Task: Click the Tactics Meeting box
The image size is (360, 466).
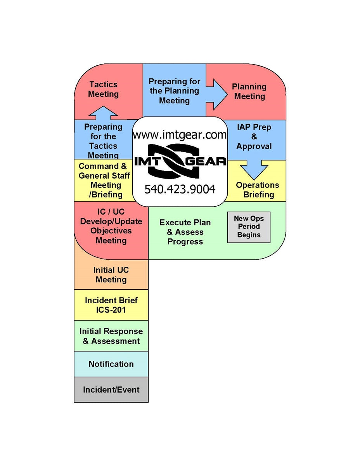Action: pos(103,89)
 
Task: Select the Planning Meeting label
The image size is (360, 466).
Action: pos(249,92)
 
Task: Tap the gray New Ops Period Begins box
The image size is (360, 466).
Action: pos(249,227)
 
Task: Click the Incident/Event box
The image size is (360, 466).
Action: pos(111,389)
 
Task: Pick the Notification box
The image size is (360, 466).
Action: pos(111,364)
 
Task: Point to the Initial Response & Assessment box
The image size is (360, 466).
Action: pos(111,336)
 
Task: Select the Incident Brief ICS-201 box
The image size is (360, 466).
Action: pos(111,305)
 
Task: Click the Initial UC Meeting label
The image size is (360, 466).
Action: pos(111,275)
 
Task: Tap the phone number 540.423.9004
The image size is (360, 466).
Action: pos(180,189)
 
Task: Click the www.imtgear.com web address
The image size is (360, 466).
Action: pos(180,135)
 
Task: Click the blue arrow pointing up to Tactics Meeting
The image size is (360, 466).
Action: pos(103,113)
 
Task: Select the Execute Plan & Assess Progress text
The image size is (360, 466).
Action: pos(185,232)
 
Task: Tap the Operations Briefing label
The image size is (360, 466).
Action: pos(257,190)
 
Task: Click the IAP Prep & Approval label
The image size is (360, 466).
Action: pos(254,137)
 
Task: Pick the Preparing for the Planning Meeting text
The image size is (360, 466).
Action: pos(175,91)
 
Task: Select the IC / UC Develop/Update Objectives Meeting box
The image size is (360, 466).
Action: pos(111,226)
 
